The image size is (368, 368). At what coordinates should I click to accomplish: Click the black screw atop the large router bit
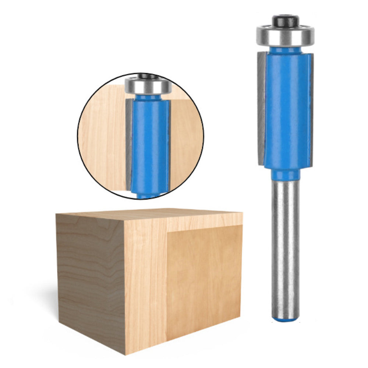click(285, 20)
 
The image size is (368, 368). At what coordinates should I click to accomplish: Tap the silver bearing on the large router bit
click(285, 36)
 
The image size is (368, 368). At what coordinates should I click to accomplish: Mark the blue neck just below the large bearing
click(285, 49)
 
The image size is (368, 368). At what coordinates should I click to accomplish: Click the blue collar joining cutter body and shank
click(286, 174)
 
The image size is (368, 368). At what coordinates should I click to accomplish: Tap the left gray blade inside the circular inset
click(128, 144)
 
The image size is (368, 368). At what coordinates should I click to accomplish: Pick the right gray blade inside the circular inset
click(168, 144)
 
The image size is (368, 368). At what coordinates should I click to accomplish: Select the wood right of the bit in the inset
click(186, 140)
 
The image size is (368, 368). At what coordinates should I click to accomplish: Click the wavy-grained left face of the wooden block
click(90, 276)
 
